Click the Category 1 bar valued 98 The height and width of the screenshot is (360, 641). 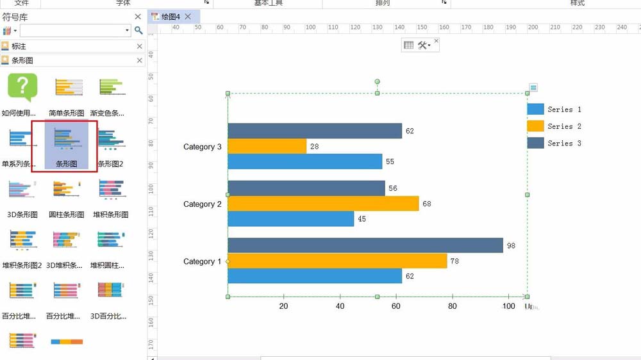click(365, 245)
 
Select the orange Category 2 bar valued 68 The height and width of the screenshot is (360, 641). click(323, 204)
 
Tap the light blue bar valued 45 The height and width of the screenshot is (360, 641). click(290, 219)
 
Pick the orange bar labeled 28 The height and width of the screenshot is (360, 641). click(267, 146)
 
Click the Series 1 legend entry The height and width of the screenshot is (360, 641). click(554, 110)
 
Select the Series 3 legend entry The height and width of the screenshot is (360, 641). click(554, 143)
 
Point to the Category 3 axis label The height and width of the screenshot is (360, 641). click(202, 147)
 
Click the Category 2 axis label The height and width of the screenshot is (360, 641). click(202, 204)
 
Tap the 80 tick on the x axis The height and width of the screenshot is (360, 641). click(453, 306)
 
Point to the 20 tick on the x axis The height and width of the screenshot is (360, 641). click(283, 306)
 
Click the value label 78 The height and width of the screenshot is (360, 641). click(454, 261)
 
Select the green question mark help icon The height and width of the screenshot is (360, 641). click(22, 87)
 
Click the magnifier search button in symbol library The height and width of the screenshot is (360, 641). click(138, 30)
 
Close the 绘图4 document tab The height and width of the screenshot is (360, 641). click(187, 17)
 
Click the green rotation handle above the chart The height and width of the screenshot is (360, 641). click(377, 82)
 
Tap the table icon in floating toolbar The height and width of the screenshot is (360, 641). click(408, 45)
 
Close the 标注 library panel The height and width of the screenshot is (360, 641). click(140, 47)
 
